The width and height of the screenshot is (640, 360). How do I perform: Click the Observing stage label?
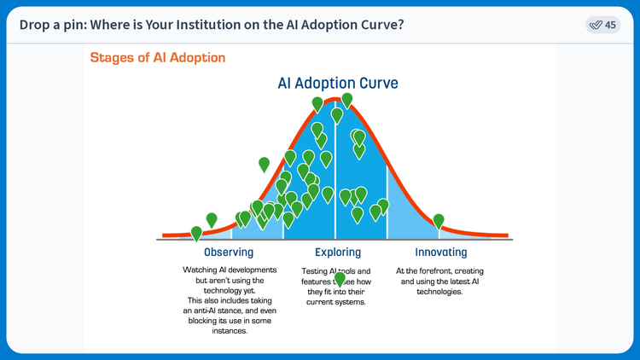point(229,253)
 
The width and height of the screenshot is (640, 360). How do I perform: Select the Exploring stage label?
point(337,253)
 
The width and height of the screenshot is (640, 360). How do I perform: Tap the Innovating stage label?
point(440,253)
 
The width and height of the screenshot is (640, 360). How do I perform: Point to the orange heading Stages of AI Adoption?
point(158,58)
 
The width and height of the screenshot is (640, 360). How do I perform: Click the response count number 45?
point(610,25)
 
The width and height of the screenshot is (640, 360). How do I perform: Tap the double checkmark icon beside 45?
point(596,25)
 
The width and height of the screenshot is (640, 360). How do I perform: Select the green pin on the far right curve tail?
point(439,221)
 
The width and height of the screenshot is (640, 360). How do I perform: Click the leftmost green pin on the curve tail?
point(196,232)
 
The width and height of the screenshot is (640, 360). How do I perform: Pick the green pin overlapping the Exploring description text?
point(340,279)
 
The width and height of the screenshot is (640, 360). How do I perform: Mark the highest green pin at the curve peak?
point(346,100)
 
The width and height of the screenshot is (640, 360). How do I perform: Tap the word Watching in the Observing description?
point(200,270)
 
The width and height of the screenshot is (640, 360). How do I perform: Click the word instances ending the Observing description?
point(229,332)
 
